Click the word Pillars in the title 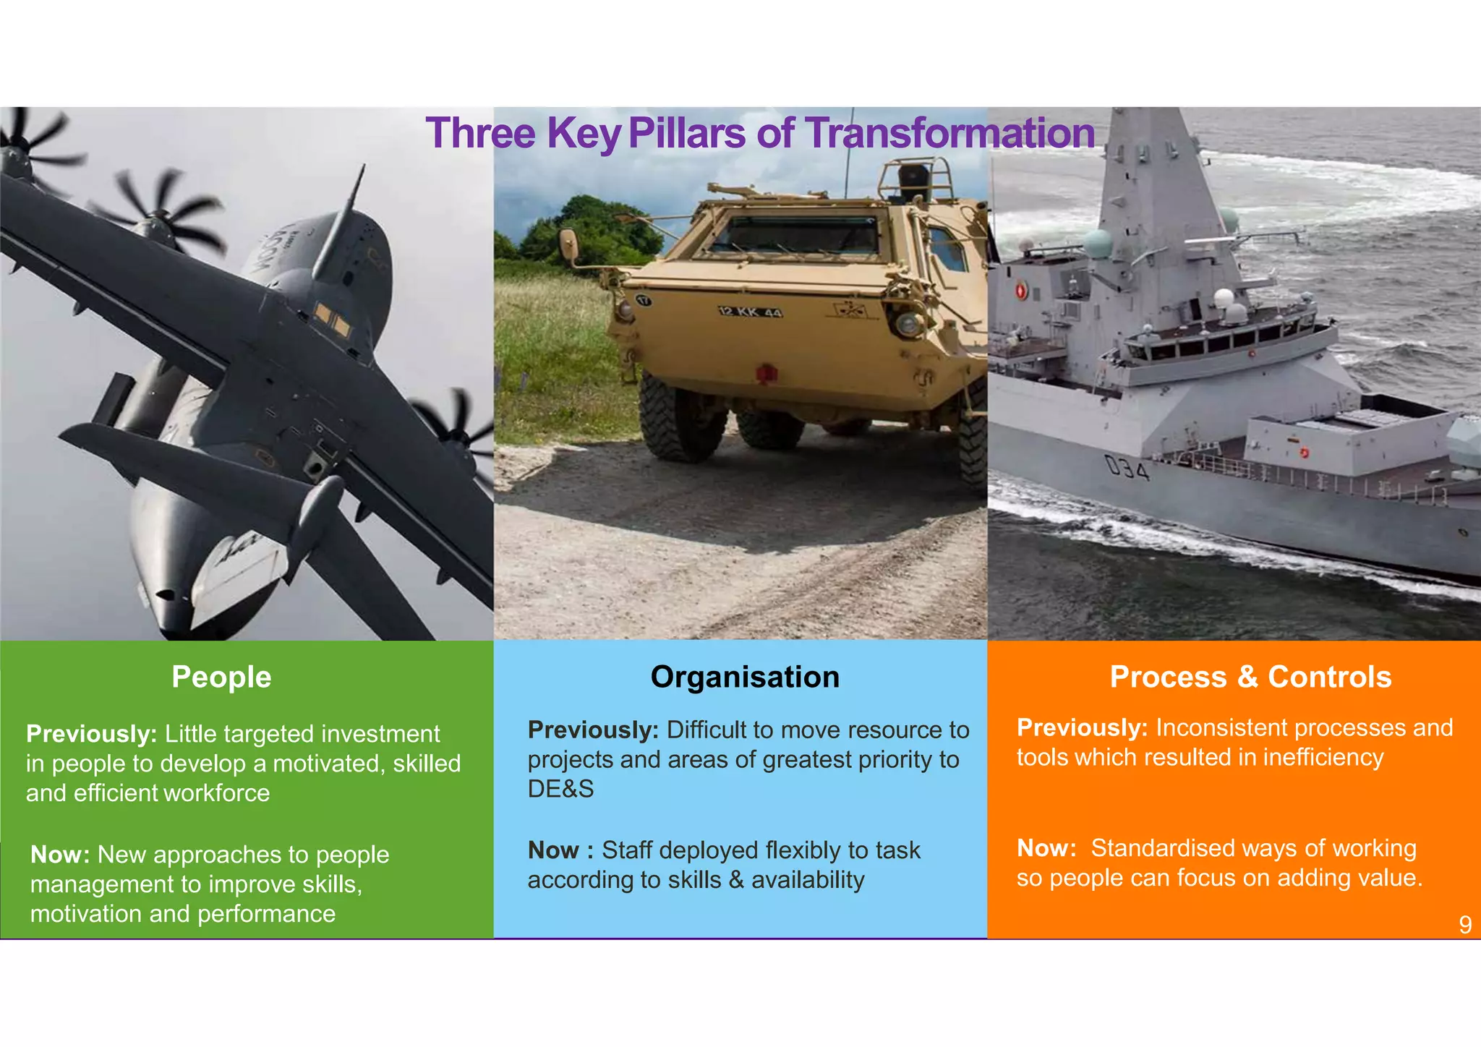point(687,133)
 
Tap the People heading point(221,677)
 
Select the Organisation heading point(745,677)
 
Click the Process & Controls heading point(1250,677)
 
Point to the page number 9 point(1465,925)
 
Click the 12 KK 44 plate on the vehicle point(750,312)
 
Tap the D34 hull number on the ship point(1127,469)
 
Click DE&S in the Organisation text point(560,789)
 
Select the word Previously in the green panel point(91,734)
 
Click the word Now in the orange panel point(1046,848)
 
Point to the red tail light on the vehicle point(766,374)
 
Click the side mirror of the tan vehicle point(568,246)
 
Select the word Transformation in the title point(949,133)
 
